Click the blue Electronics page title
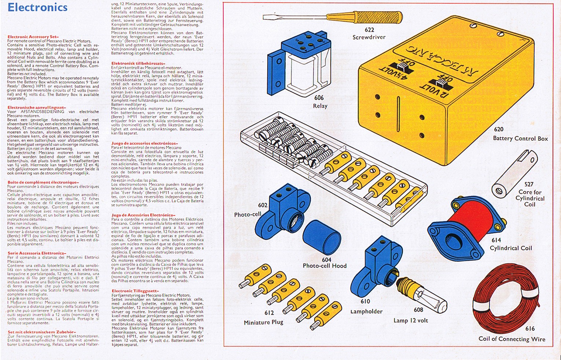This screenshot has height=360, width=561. point(37,7)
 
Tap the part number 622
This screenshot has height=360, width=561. point(369,30)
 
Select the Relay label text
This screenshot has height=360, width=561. point(320,106)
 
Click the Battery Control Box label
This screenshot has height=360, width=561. point(520,138)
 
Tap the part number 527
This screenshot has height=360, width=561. point(529,184)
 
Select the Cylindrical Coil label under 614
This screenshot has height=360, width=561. point(511,248)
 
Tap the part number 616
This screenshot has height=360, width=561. point(530,328)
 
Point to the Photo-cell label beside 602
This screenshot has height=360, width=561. point(247,214)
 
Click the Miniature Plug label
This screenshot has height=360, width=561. point(263,322)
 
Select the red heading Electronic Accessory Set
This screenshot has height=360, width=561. point(33,37)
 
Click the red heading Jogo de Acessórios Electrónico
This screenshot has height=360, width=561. point(143,215)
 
